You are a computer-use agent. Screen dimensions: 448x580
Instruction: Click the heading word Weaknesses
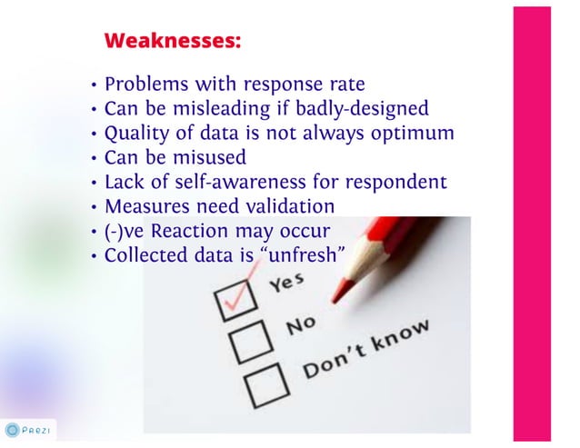pyautogui.click(x=173, y=41)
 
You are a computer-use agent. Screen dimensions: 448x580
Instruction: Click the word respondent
pyautogui.click(x=399, y=182)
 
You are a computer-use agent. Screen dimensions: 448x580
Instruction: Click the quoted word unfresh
pyautogui.click(x=301, y=255)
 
